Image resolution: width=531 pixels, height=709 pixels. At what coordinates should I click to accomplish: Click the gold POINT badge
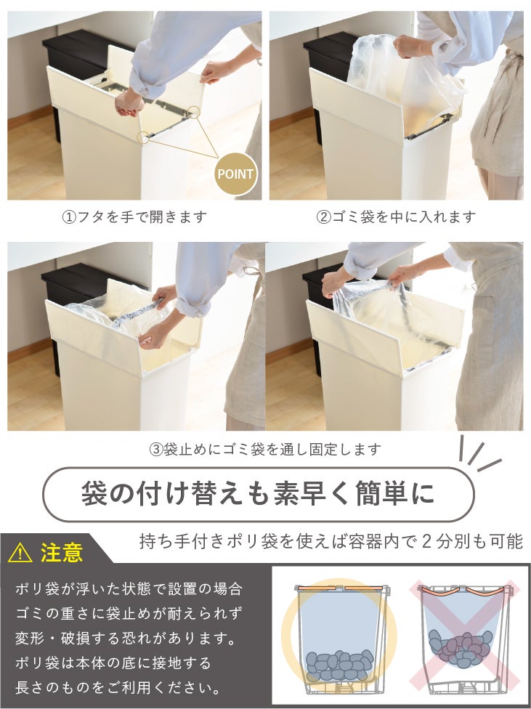(x=235, y=174)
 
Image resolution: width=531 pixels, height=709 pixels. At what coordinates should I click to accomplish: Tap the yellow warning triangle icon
(x=20, y=553)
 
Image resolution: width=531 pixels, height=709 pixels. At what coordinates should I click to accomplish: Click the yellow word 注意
(x=62, y=553)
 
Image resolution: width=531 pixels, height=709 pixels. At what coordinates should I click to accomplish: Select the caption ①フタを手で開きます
(x=134, y=217)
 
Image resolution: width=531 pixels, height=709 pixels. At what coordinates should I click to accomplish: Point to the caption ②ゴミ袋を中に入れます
(x=396, y=217)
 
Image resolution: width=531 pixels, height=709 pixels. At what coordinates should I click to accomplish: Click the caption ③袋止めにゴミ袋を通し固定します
(x=265, y=450)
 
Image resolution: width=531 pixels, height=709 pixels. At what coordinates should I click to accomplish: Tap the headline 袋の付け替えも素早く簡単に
(x=258, y=494)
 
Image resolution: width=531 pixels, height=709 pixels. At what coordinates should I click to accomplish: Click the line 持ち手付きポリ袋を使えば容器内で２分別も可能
(x=331, y=541)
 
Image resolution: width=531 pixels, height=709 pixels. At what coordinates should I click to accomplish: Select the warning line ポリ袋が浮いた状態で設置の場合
(x=129, y=589)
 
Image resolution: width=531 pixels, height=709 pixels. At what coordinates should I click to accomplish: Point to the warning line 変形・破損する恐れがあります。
(x=126, y=639)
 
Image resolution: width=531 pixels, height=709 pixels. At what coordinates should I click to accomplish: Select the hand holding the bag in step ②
(x=410, y=46)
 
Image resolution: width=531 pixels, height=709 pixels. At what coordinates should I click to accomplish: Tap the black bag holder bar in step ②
(x=429, y=126)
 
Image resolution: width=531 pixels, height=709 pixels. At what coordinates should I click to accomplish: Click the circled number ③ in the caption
(x=155, y=450)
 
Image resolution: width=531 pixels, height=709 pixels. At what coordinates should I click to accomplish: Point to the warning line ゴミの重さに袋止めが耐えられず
(x=129, y=614)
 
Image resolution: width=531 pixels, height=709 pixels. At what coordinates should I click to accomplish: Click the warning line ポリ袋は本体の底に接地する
(x=113, y=663)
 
